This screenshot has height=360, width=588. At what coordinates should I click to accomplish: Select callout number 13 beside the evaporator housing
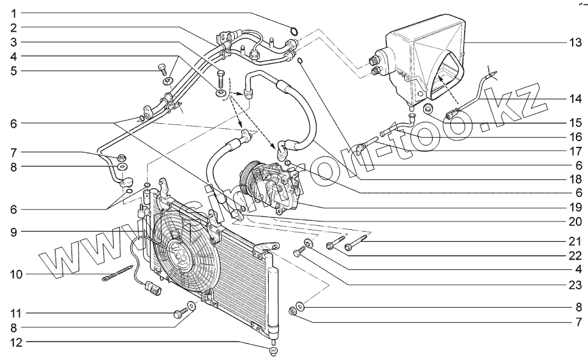click(575, 43)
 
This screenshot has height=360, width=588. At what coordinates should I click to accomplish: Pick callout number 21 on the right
click(575, 241)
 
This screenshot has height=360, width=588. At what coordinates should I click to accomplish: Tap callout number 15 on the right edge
click(575, 121)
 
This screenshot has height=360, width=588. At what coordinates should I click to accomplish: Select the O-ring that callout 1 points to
click(294, 31)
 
